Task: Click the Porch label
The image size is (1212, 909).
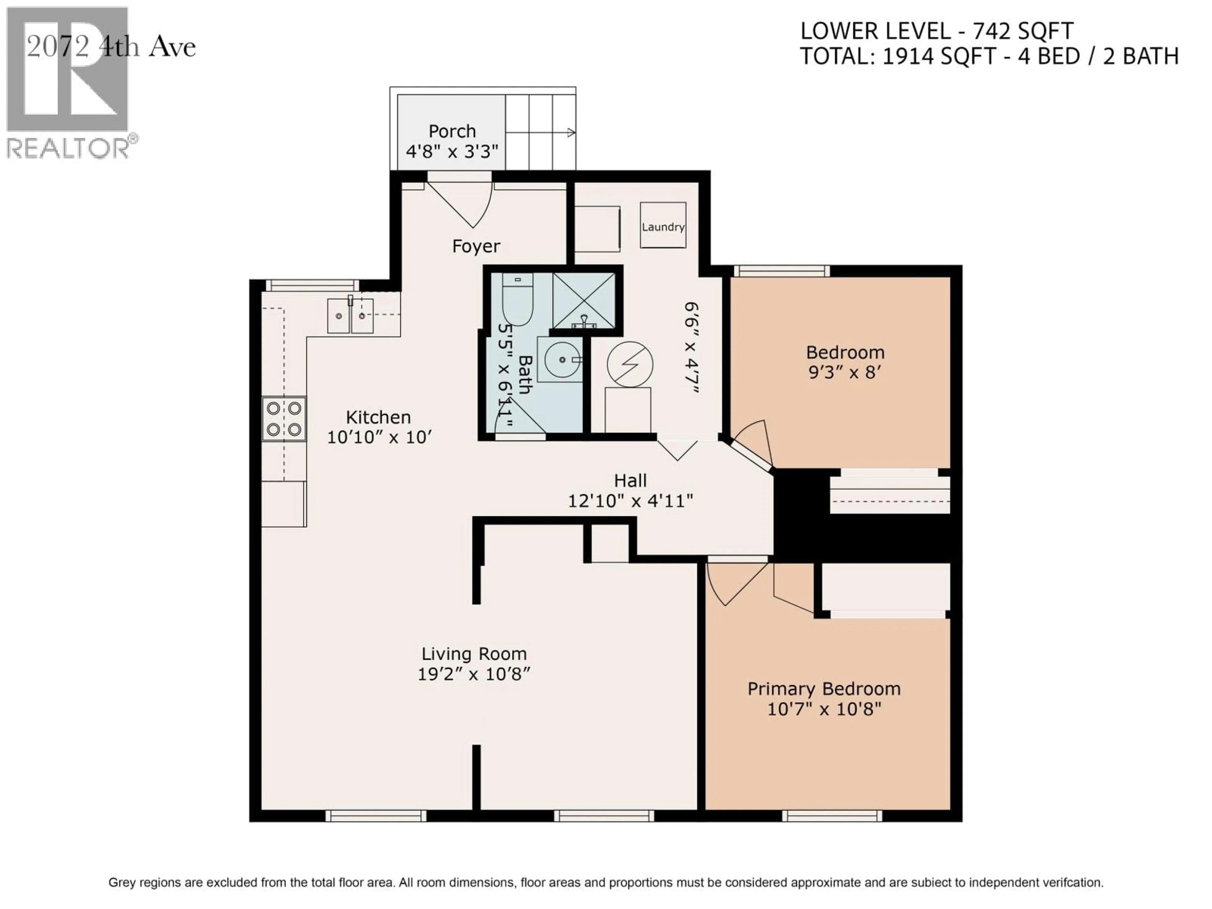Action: point(452,132)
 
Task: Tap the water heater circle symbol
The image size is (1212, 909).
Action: point(630,364)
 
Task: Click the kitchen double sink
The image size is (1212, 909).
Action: point(350,316)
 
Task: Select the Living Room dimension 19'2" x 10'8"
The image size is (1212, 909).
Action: point(474,674)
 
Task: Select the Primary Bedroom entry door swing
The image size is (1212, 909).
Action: point(734,584)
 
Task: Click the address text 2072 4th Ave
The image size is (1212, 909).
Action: point(111,47)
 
